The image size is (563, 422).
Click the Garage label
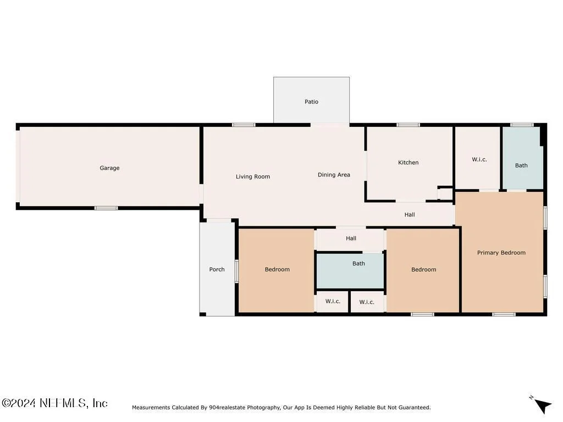point(109,168)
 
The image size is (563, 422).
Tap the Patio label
point(311,102)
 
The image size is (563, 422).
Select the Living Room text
point(253,176)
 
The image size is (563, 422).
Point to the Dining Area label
point(334,175)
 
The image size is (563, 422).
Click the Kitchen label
point(409,163)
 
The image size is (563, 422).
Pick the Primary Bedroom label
point(501,253)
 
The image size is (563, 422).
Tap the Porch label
point(217,269)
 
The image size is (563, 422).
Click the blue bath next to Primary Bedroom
point(522,158)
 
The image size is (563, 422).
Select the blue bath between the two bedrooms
point(350,271)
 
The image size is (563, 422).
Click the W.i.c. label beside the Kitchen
point(479,159)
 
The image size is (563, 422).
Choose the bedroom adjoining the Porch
point(277,270)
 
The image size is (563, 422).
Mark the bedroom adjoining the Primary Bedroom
point(423,270)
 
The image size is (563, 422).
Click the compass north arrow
point(543,406)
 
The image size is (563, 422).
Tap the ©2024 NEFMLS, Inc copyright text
point(54,403)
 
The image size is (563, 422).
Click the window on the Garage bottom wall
point(106,208)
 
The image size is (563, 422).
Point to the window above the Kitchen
point(409,125)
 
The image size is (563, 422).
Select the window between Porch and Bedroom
point(236,271)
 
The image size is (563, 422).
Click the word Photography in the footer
point(263,408)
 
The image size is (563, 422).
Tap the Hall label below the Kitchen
point(410,215)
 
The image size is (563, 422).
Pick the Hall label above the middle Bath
point(351,238)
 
